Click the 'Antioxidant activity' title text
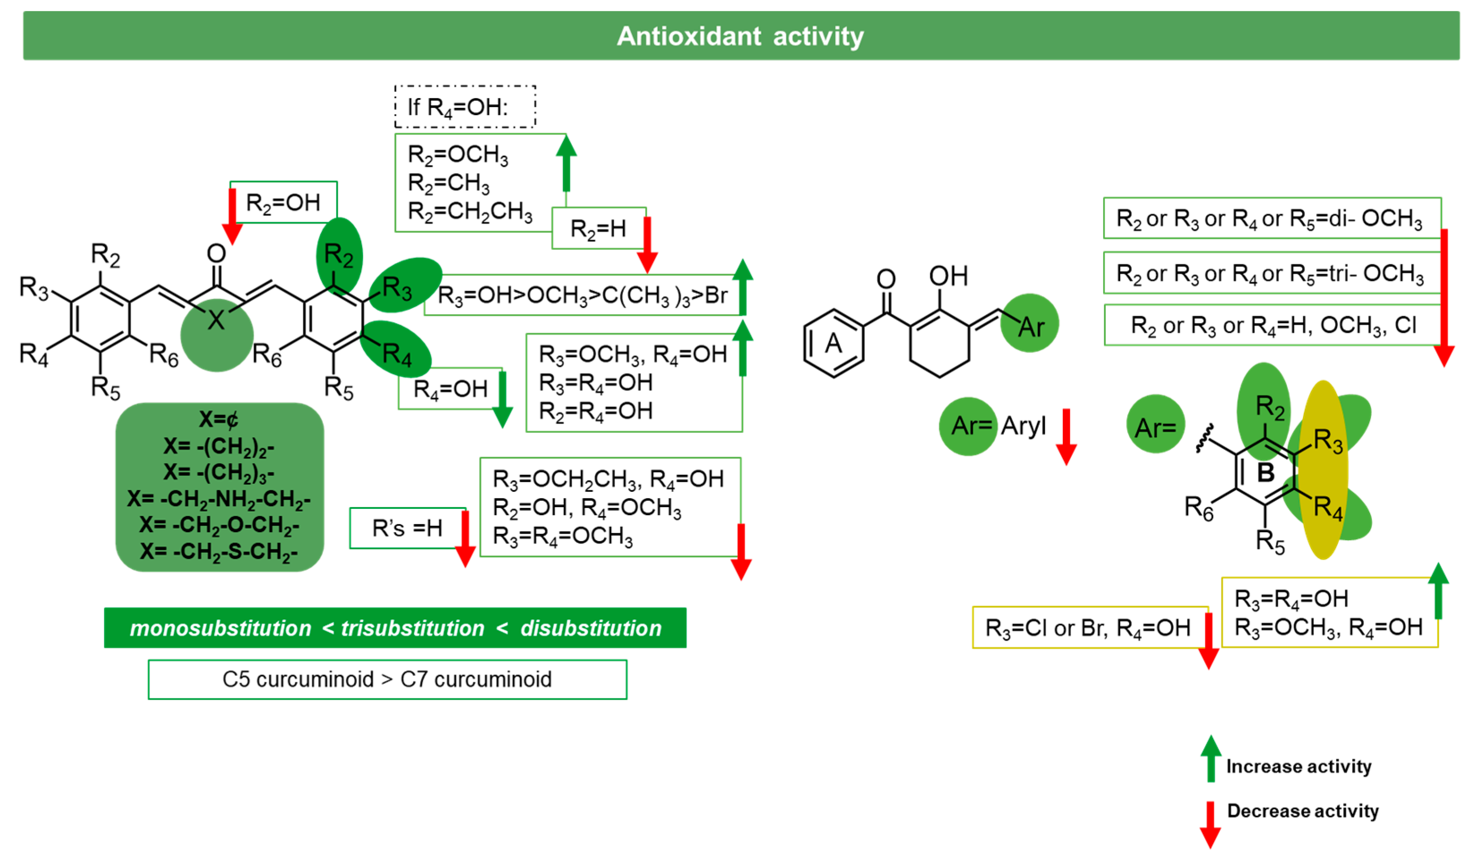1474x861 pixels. (x=740, y=36)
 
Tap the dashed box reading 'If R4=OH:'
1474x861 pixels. (x=465, y=107)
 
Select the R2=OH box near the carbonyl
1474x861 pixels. (x=284, y=202)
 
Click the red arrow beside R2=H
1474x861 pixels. (x=647, y=243)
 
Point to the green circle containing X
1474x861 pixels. (x=216, y=335)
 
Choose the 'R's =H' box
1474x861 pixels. (x=407, y=528)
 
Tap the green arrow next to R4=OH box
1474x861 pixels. (x=503, y=399)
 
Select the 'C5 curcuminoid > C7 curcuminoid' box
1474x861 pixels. (x=387, y=679)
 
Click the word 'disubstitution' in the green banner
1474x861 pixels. (x=591, y=628)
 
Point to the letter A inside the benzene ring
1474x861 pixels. (x=833, y=343)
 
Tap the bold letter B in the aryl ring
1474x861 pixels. (x=1265, y=473)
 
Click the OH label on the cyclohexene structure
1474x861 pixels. (x=948, y=276)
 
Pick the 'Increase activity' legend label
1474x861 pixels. (x=1298, y=766)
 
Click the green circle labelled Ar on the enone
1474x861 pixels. (x=1029, y=323)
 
